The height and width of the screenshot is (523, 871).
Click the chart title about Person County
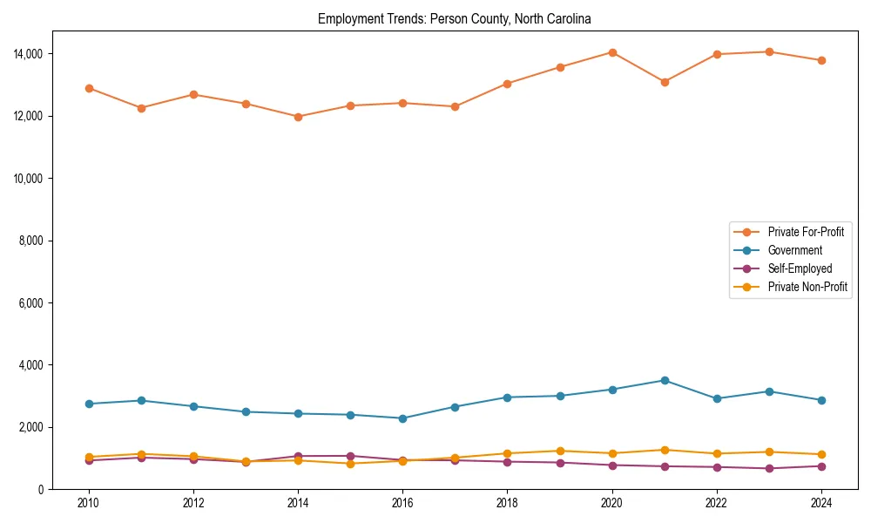pos(455,18)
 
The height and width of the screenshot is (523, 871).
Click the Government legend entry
pos(794,250)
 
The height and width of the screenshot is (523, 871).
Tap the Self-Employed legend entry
pos(800,268)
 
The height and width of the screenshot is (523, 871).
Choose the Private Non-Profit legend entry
pos(807,287)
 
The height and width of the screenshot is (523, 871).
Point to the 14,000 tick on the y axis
pos(30,54)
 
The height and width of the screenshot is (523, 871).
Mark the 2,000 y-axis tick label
pos(32,427)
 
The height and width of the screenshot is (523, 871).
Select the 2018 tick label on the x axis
pos(507,503)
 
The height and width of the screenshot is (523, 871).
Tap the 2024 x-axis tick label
pos(820,503)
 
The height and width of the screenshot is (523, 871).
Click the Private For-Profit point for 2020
pos(612,52)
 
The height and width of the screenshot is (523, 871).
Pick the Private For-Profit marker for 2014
pos(298,117)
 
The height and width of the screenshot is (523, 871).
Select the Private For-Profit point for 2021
pos(665,82)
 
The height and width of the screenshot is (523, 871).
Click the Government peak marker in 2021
pos(665,380)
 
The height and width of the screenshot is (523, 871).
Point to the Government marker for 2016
pos(402,418)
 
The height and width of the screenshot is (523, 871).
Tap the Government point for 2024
pos(821,400)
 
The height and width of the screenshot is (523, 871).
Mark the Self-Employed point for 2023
pos(769,468)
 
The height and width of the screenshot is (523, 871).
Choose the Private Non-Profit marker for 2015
pos(350,464)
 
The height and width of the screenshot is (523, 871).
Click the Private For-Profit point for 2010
pos(89,88)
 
